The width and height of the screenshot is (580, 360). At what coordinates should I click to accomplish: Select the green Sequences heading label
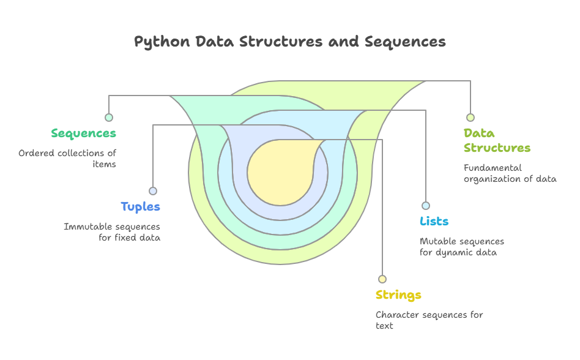pos(83,133)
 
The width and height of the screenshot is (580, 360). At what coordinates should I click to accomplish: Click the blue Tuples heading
pos(140,207)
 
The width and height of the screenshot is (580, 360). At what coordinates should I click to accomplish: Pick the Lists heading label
pos(434,222)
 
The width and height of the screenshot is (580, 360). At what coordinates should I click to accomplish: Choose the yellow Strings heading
pos(398,295)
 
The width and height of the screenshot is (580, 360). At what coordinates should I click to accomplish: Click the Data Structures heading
pos(497,140)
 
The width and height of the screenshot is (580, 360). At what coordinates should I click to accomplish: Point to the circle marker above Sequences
pos(109,118)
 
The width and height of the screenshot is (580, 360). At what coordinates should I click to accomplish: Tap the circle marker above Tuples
pos(153,191)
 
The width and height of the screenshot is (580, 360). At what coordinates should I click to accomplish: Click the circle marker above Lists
pos(426,206)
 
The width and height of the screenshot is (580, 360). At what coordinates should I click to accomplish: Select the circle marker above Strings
pos(382,279)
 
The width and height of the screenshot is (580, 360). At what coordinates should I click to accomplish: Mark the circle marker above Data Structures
pos(470,118)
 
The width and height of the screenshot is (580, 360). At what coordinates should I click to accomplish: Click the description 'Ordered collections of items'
pos(67,159)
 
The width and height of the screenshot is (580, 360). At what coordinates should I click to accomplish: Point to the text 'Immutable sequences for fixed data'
pos(112,232)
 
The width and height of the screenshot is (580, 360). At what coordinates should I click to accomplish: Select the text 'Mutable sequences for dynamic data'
pos(462,247)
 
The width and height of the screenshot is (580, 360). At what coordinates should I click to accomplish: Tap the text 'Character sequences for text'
pos(429,320)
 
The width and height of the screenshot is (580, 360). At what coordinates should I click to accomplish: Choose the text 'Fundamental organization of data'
pos(510,173)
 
